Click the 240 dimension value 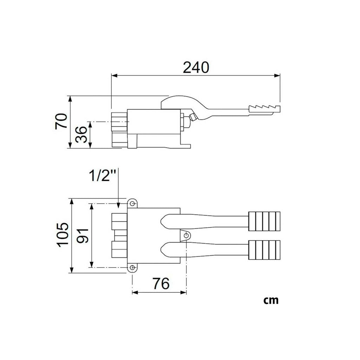click(x=196, y=67)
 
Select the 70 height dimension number click(x=62, y=121)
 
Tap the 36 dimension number click(x=82, y=135)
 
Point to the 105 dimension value click(x=63, y=234)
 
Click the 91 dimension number click(x=83, y=236)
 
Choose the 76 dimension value click(x=161, y=283)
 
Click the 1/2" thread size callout click(x=102, y=176)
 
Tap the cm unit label click(x=271, y=300)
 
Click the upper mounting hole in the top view click(x=132, y=204)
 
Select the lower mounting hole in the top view click(x=132, y=268)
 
